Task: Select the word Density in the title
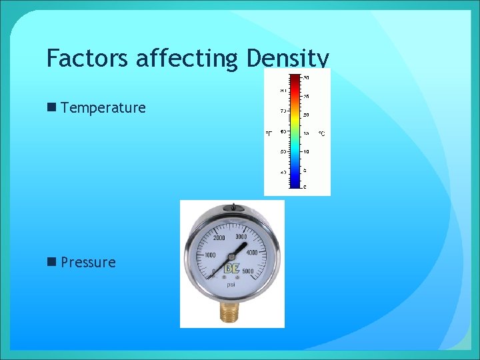pyautogui.click(x=287, y=59)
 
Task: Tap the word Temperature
pyautogui.click(x=103, y=108)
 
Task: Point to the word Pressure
pyautogui.click(x=88, y=263)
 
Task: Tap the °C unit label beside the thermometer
pyautogui.click(x=321, y=134)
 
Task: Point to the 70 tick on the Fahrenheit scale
pyautogui.click(x=283, y=111)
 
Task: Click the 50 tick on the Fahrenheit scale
pyautogui.click(x=283, y=152)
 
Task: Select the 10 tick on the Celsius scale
pyautogui.click(x=306, y=152)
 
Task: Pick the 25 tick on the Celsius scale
pyautogui.click(x=306, y=97)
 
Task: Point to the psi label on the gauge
pyautogui.click(x=231, y=284)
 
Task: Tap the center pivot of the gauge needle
pyautogui.click(x=231, y=259)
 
